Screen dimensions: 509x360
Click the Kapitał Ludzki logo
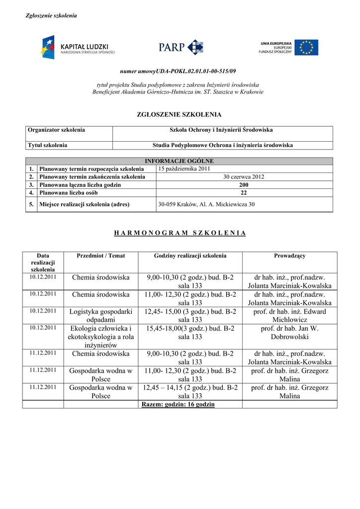[x=78, y=48]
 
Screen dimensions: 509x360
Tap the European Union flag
[x=306, y=47]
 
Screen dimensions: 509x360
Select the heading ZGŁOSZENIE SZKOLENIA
[x=179, y=114]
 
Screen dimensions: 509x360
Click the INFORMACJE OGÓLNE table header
[x=179, y=161]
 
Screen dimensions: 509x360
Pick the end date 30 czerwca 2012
[x=244, y=177]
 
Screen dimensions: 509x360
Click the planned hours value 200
[x=244, y=184]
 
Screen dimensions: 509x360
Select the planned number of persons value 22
[x=244, y=192]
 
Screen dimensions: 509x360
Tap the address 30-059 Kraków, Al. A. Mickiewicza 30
[x=206, y=204]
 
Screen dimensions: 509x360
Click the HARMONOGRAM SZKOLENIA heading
[x=180, y=233]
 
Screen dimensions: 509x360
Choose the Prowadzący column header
[x=289, y=255]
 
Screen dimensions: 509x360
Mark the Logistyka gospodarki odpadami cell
[x=101, y=316]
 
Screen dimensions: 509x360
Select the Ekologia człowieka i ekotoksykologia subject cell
[x=101, y=337]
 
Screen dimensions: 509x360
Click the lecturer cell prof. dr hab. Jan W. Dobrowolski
[x=289, y=333]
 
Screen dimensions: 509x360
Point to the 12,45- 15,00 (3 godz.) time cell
[x=190, y=316]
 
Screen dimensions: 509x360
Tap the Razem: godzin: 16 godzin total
[x=178, y=404]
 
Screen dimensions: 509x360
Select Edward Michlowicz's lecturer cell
[x=289, y=316]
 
